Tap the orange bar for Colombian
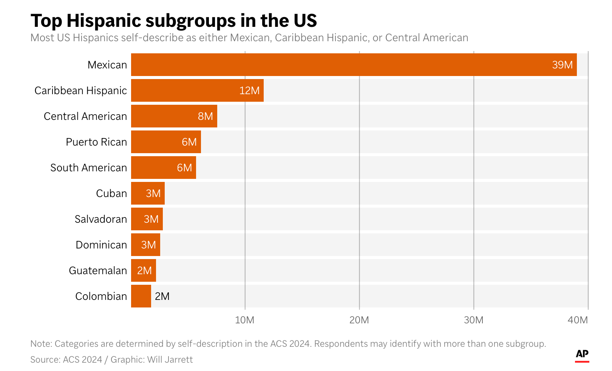click(141, 296)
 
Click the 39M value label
click(562, 65)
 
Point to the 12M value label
click(249, 91)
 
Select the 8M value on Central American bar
click(205, 116)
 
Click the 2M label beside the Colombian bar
click(162, 296)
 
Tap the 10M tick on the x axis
click(245, 320)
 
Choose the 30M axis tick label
click(473, 320)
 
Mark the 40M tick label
click(578, 320)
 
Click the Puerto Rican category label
click(96, 142)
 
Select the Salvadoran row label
click(100, 219)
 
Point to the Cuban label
click(111, 194)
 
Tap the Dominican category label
click(101, 245)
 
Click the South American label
click(88, 168)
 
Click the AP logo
click(582, 354)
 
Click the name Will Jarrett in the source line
click(170, 360)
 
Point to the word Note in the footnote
click(41, 344)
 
